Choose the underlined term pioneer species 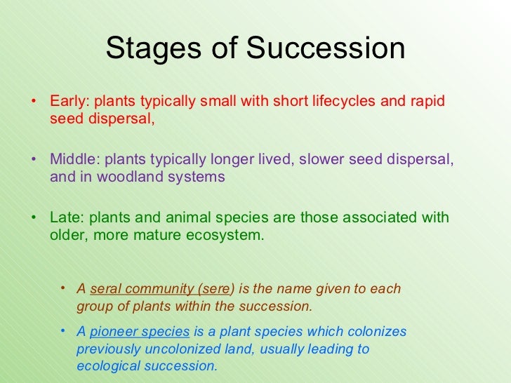click(x=140, y=332)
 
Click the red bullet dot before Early click(x=33, y=100)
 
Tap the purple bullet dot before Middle click(x=33, y=159)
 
